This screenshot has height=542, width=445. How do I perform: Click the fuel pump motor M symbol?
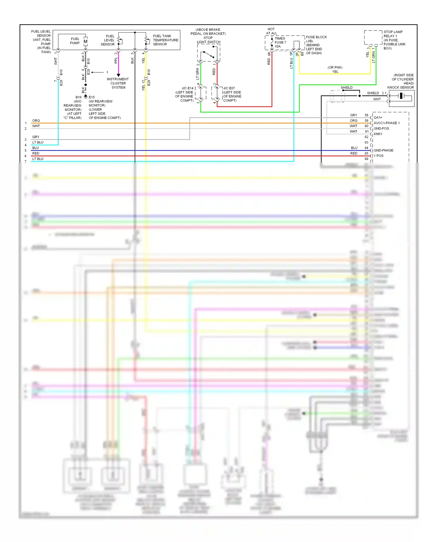85,42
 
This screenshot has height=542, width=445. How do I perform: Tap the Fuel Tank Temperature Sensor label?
165,40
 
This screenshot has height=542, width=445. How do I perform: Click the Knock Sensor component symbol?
401,96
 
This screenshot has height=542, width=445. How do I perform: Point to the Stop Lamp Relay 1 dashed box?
373,37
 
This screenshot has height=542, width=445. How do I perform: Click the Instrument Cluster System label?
118,83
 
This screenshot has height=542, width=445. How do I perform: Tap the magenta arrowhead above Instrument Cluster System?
118,75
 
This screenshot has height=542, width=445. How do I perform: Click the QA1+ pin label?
378,117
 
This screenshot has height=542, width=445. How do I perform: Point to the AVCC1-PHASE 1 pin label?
387,123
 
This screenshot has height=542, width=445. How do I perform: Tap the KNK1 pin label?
378,134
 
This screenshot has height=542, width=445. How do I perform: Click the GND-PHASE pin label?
383,150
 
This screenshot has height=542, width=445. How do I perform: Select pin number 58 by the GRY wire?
366,115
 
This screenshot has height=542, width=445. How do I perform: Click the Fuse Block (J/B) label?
316,37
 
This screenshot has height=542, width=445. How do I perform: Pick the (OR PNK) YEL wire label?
335,69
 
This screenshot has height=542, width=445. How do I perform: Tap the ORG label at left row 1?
36,121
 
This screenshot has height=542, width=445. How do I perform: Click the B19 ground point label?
78,97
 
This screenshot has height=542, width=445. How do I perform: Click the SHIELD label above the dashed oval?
347,87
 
